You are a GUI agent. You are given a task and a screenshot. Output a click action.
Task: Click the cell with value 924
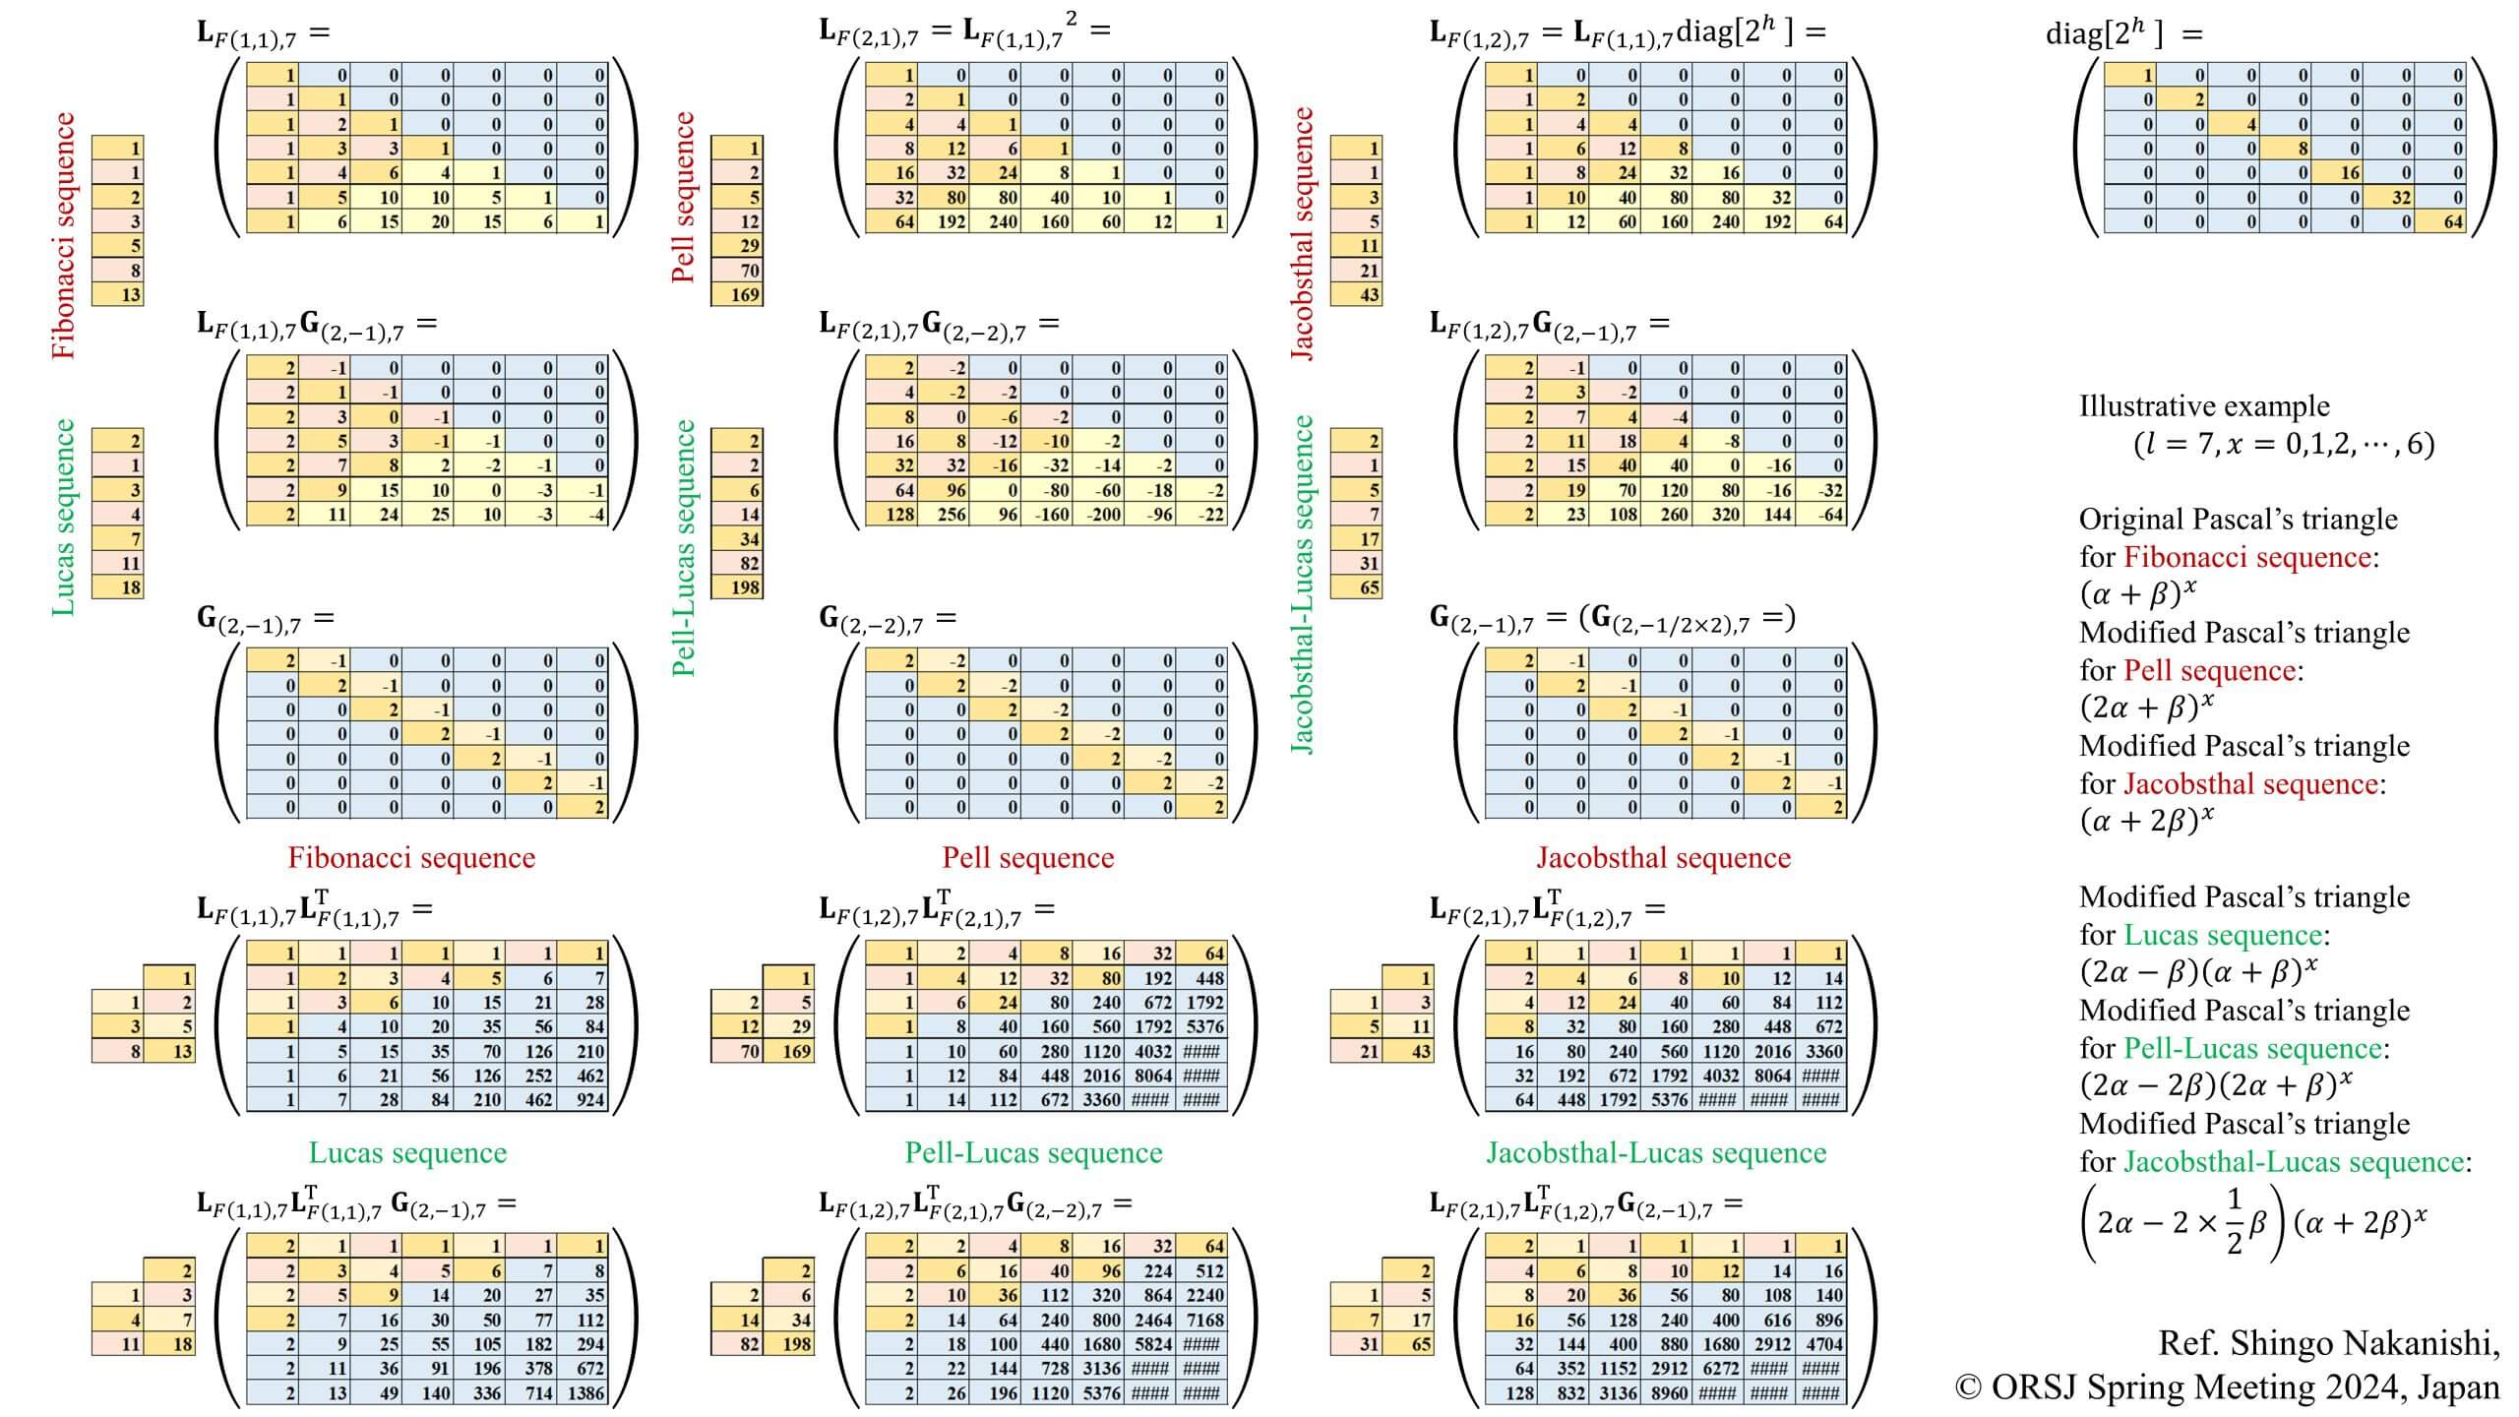pyautogui.click(x=588, y=1100)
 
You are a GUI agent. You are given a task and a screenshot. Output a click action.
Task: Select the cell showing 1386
pyautogui.click(x=585, y=1393)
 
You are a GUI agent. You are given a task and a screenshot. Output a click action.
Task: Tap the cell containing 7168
pyautogui.click(x=1204, y=1321)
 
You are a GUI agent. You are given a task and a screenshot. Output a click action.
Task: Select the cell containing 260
pyautogui.click(x=1673, y=515)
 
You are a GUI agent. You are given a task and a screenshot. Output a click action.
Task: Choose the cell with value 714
pyautogui.click(x=537, y=1393)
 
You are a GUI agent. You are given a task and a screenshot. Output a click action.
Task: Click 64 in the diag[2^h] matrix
pyautogui.click(x=2451, y=222)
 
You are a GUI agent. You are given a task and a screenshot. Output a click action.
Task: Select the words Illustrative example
pyautogui.click(x=2204, y=406)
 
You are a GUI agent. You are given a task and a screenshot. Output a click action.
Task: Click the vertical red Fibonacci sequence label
pyautogui.click(x=64, y=236)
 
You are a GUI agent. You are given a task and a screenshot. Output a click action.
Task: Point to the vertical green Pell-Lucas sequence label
pyautogui.click(x=684, y=548)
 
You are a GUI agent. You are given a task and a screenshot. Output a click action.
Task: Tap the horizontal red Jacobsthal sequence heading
pyautogui.click(x=1663, y=858)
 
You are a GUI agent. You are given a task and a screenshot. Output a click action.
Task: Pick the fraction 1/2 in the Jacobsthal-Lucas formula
pyautogui.click(x=2234, y=1222)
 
